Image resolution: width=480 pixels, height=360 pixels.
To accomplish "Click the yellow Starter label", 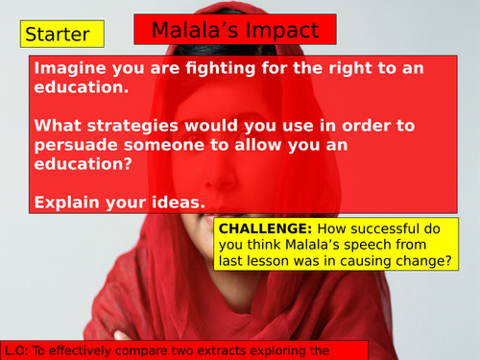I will click(x=57, y=36).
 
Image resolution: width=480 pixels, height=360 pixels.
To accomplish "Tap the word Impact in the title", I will click(x=285, y=30).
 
